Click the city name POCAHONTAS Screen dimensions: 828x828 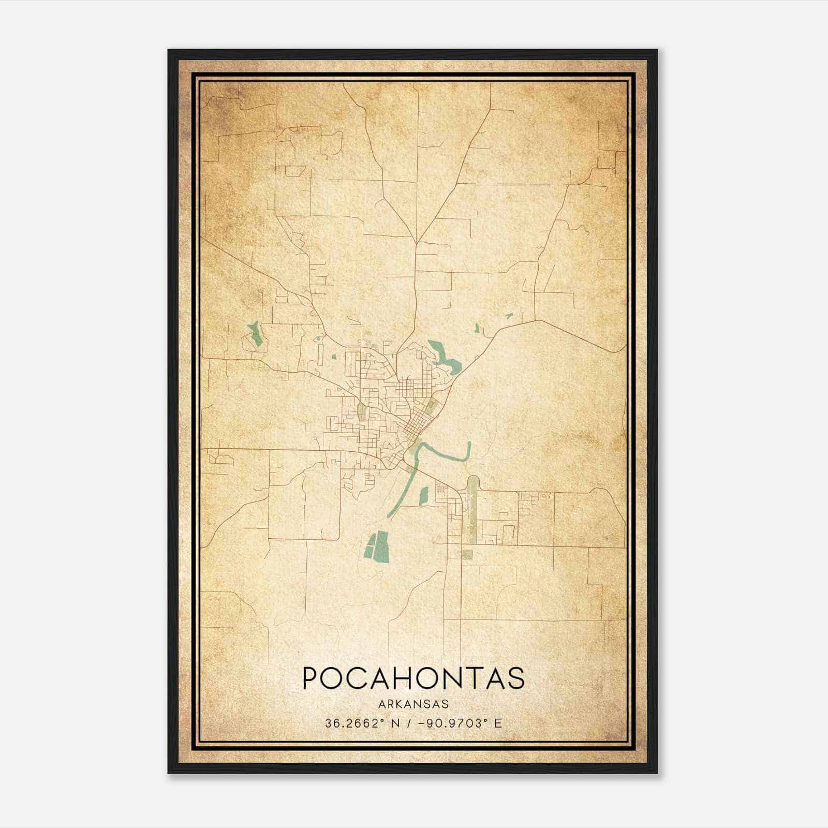[413, 678]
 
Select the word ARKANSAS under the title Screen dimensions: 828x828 [413, 704]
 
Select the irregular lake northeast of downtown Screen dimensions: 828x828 [442, 358]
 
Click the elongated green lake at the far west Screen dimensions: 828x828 [255, 334]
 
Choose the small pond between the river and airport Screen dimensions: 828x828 [424, 495]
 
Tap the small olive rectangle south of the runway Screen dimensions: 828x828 [467, 555]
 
